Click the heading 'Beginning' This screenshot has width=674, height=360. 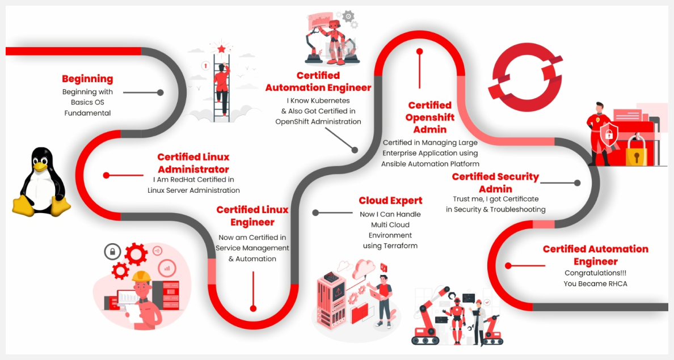87,79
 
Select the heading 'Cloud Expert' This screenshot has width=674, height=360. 390,201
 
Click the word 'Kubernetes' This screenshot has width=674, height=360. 331,100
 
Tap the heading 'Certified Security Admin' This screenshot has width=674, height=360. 495,183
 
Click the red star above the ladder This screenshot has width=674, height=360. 221,49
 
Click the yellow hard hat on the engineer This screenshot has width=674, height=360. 141,276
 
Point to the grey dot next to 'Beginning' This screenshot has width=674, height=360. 161,92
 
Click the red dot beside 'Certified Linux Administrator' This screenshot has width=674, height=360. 106,175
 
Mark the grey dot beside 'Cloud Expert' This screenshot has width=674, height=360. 315,213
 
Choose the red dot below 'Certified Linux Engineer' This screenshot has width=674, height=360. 253,308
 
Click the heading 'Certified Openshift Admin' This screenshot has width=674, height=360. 429,117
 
